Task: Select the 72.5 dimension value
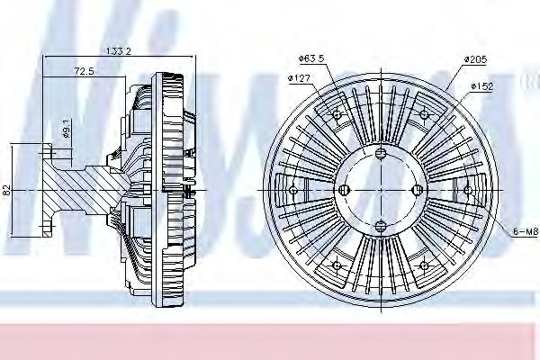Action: [x=85, y=70]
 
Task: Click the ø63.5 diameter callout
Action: [x=310, y=59]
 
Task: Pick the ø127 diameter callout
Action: [x=300, y=77]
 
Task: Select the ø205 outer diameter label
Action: [x=475, y=59]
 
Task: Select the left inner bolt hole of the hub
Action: [x=346, y=190]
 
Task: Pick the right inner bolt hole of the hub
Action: [x=415, y=190]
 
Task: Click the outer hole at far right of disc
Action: [x=468, y=190]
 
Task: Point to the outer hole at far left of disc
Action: [x=294, y=190]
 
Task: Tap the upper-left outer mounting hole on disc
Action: [x=337, y=115]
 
